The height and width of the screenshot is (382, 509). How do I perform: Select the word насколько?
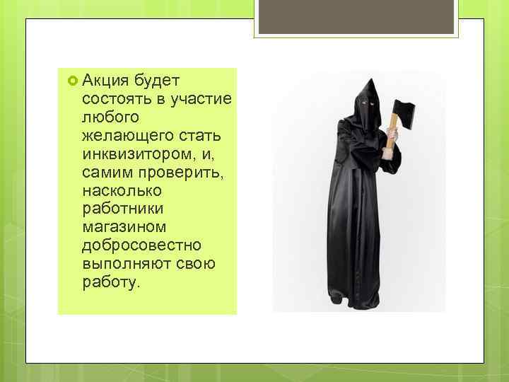pos(122,190)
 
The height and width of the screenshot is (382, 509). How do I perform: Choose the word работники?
pos(122,209)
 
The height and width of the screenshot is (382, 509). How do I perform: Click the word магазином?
pos(124,227)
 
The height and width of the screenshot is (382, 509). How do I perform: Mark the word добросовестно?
pos(141,245)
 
